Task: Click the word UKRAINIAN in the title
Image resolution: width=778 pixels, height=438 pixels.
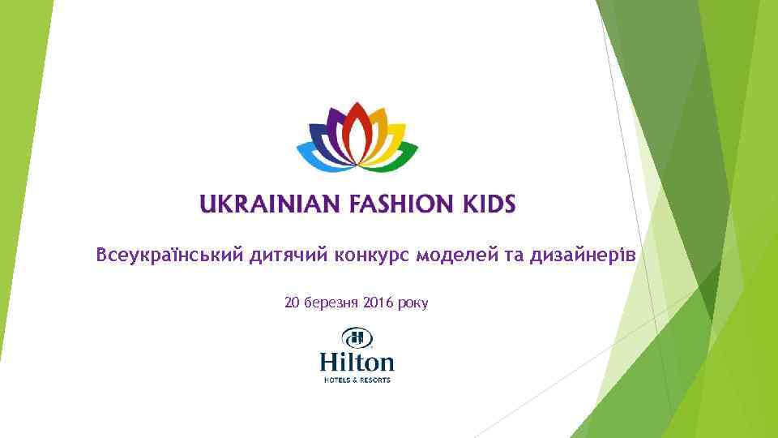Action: pyautogui.click(x=270, y=204)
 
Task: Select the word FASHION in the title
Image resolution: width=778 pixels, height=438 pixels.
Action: pyautogui.click(x=390, y=204)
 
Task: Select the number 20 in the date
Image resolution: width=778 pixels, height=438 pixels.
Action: pyautogui.click(x=292, y=303)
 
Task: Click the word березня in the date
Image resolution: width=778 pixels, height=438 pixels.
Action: pyautogui.click(x=331, y=303)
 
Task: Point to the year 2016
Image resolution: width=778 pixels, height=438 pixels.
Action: pyautogui.click(x=378, y=303)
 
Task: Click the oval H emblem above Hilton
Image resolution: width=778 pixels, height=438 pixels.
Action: pyautogui.click(x=356, y=337)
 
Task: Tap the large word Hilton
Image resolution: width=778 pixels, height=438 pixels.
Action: pyautogui.click(x=357, y=362)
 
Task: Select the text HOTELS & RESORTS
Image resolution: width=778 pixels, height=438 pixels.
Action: pyautogui.click(x=357, y=379)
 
